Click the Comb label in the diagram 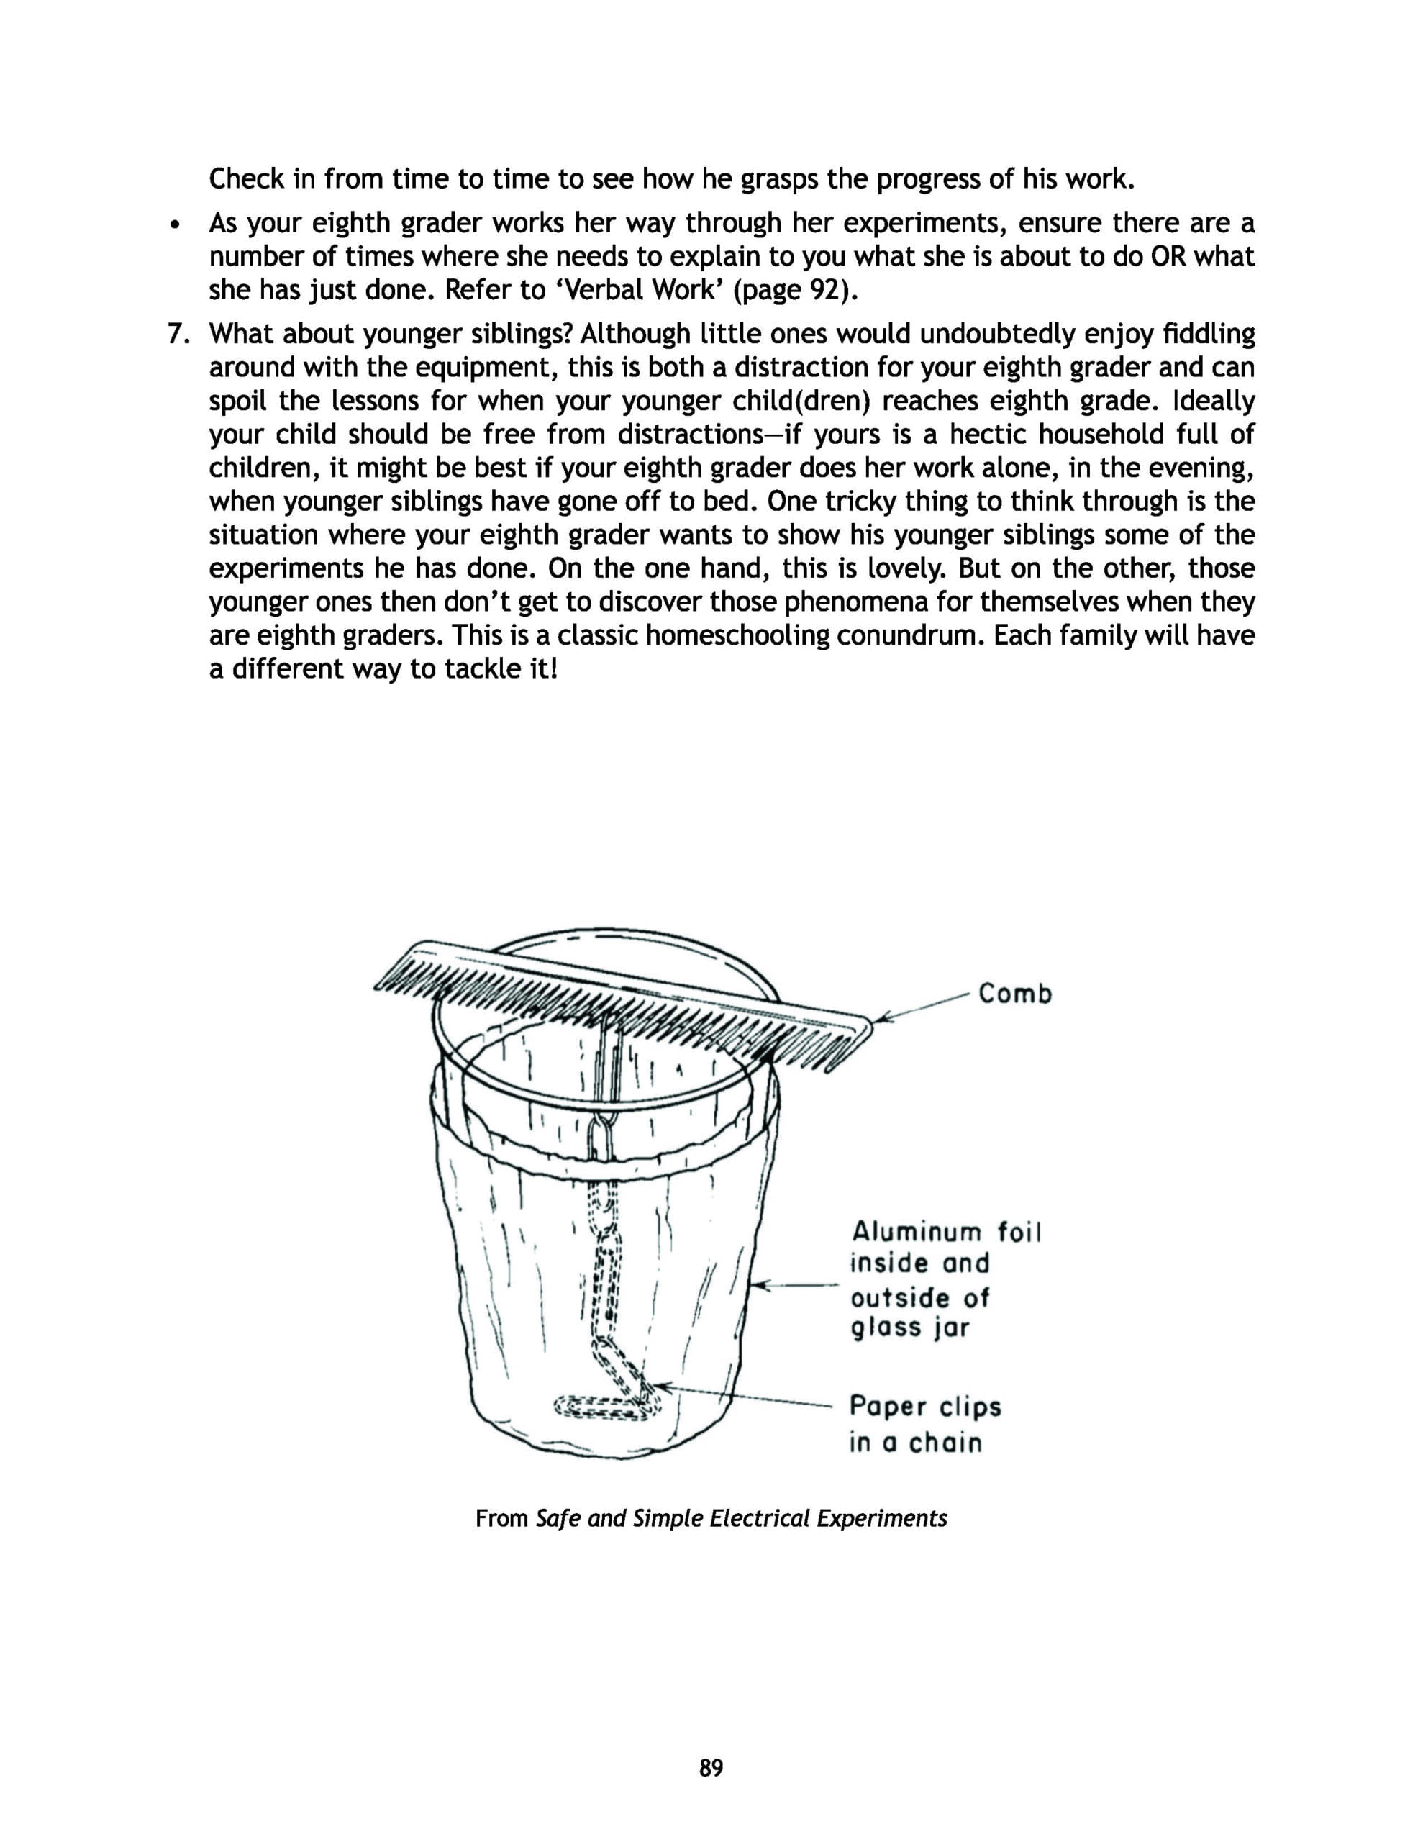[1015, 994]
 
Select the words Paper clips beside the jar [925, 1407]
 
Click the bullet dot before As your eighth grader [175, 225]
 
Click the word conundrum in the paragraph [906, 635]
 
